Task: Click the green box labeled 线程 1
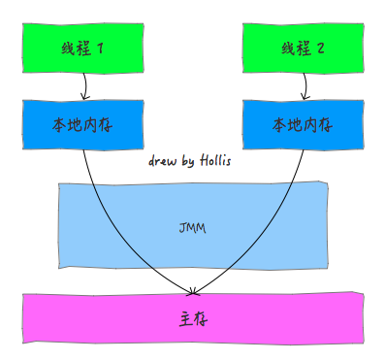(x=83, y=49)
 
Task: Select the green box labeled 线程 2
(x=303, y=49)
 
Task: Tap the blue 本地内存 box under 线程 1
(x=83, y=125)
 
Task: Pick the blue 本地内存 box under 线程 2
(x=303, y=125)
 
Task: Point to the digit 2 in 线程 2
(x=319, y=49)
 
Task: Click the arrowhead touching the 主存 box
(x=193, y=290)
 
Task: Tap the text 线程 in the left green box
(x=76, y=49)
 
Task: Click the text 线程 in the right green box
(x=294, y=49)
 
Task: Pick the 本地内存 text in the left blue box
(x=83, y=125)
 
